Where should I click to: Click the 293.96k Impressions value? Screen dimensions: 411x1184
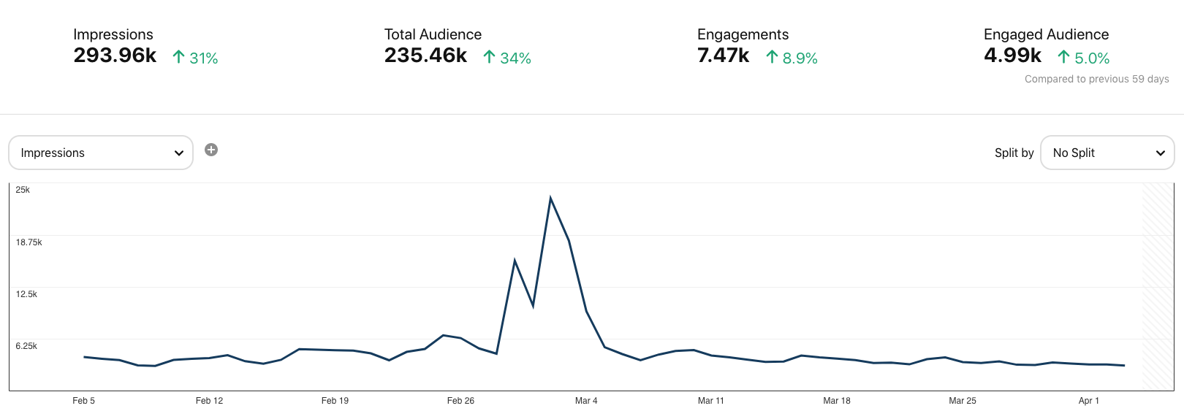115,55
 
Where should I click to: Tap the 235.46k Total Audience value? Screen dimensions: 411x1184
425,55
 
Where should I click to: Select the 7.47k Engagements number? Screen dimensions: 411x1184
723,55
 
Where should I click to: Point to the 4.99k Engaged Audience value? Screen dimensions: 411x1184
1012,55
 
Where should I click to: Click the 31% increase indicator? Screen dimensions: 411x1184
195,58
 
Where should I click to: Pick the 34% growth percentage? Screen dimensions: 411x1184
507,58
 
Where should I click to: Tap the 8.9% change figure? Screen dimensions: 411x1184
792,58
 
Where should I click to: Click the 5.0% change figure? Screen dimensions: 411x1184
1084,58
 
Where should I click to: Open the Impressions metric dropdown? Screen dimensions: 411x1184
101,153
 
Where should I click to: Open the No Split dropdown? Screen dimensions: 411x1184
1107,153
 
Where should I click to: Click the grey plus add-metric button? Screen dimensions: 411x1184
211,150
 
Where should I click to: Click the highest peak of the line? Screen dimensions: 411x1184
550,198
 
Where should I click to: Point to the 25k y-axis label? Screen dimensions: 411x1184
23,190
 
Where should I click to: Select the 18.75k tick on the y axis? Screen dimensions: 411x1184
29,242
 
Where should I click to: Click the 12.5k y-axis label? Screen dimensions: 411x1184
26,294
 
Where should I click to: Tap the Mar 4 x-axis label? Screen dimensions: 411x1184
586,401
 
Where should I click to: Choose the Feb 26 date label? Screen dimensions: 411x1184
460,401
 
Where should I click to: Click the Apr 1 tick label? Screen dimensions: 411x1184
1088,401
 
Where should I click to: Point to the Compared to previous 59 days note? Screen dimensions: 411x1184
1096,79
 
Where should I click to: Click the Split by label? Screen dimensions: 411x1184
1014,153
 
